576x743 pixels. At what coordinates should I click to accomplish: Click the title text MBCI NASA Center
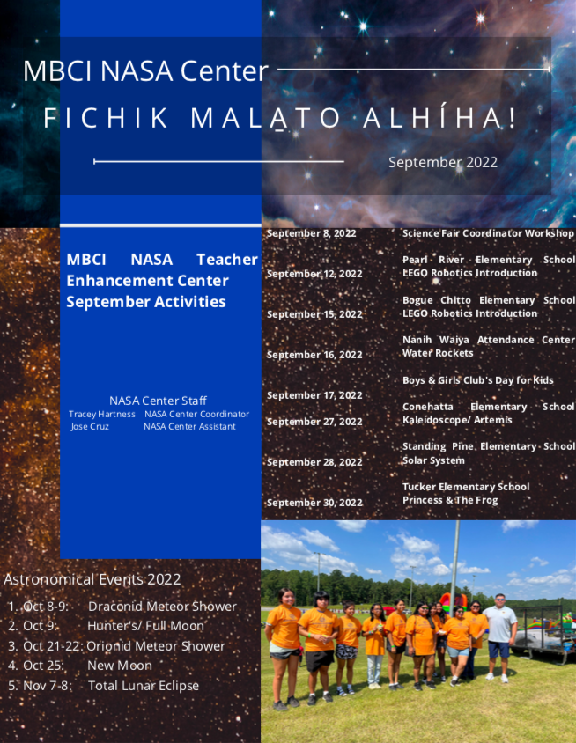click(145, 71)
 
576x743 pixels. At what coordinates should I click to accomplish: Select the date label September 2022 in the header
click(442, 162)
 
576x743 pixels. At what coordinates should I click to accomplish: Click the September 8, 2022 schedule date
click(311, 233)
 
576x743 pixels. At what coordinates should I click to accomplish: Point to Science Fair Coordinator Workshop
click(487, 233)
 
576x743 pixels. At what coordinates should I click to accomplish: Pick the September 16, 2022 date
click(314, 355)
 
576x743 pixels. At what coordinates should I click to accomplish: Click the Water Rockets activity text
click(438, 353)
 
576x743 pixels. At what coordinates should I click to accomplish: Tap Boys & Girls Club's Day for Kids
click(477, 380)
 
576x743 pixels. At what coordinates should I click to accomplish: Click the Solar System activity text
click(433, 460)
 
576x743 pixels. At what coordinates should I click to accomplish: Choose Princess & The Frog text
click(450, 500)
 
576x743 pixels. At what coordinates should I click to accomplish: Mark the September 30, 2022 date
click(314, 503)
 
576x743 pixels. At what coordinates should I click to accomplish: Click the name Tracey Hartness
click(102, 414)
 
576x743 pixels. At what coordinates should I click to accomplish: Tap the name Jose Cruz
click(90, 426)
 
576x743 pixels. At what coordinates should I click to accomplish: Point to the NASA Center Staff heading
click(158, 401)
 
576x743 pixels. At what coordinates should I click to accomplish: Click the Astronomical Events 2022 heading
click(92, 579)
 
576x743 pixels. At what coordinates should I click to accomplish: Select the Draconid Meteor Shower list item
click(162, 607)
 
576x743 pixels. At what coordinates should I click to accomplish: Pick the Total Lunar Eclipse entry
click(144, 686)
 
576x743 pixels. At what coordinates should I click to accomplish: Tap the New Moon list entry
click(119, 666)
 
